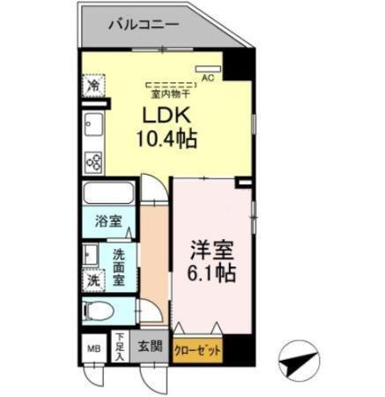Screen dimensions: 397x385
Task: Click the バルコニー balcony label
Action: click(x=144, y=24)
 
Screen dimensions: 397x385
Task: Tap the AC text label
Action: click(x=208, y=78)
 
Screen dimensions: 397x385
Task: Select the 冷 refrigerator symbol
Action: click(x=93, y=86)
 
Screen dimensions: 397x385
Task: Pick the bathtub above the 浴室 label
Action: click(x=108, y=194)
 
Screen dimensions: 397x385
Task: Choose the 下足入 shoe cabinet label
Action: click(x=119, y=346)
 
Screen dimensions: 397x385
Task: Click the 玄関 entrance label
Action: click(x=150, y=347)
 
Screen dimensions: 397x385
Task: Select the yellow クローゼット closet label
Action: click(x=197, y=350)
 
